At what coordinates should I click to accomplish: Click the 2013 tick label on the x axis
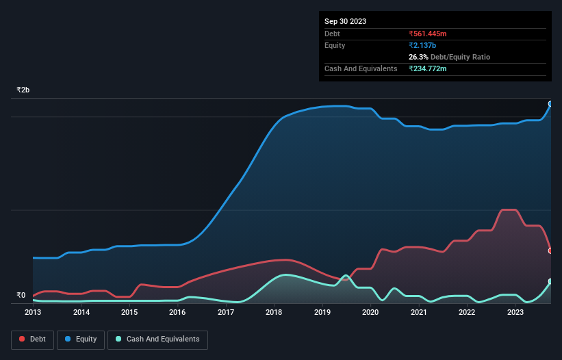click(x=33, y=312)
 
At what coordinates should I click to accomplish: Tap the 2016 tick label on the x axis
click(x=177, y=312)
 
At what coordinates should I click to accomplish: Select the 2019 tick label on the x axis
click(x=322, y=312)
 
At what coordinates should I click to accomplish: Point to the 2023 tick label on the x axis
click(x=514, y=312)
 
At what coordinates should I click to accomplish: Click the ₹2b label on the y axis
click(x=23, y=90)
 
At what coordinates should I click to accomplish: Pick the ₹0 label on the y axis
click(x=21, y=296)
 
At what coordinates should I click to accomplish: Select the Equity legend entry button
click(x=81, y=339)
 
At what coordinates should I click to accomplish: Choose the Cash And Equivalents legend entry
click(x=157, y=339)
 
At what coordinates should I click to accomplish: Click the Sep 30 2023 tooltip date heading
click(x=345, y=21)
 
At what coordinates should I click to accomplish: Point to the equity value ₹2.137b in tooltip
click(x=422, y=45)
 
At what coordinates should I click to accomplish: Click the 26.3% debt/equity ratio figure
click(x=419, y=57)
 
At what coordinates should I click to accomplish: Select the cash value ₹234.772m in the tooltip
click(x=432, y=68)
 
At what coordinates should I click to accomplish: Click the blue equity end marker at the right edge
click(x=550, y=104)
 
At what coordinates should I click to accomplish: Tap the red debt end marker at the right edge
click(x=550, y=250)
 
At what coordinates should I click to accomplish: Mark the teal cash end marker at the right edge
click(x=550, y=281)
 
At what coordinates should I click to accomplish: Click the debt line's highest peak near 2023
click(x=509, y=209)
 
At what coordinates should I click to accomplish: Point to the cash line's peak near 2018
click(x=285, y=274)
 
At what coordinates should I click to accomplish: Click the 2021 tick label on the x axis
click(x=418, y=312)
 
